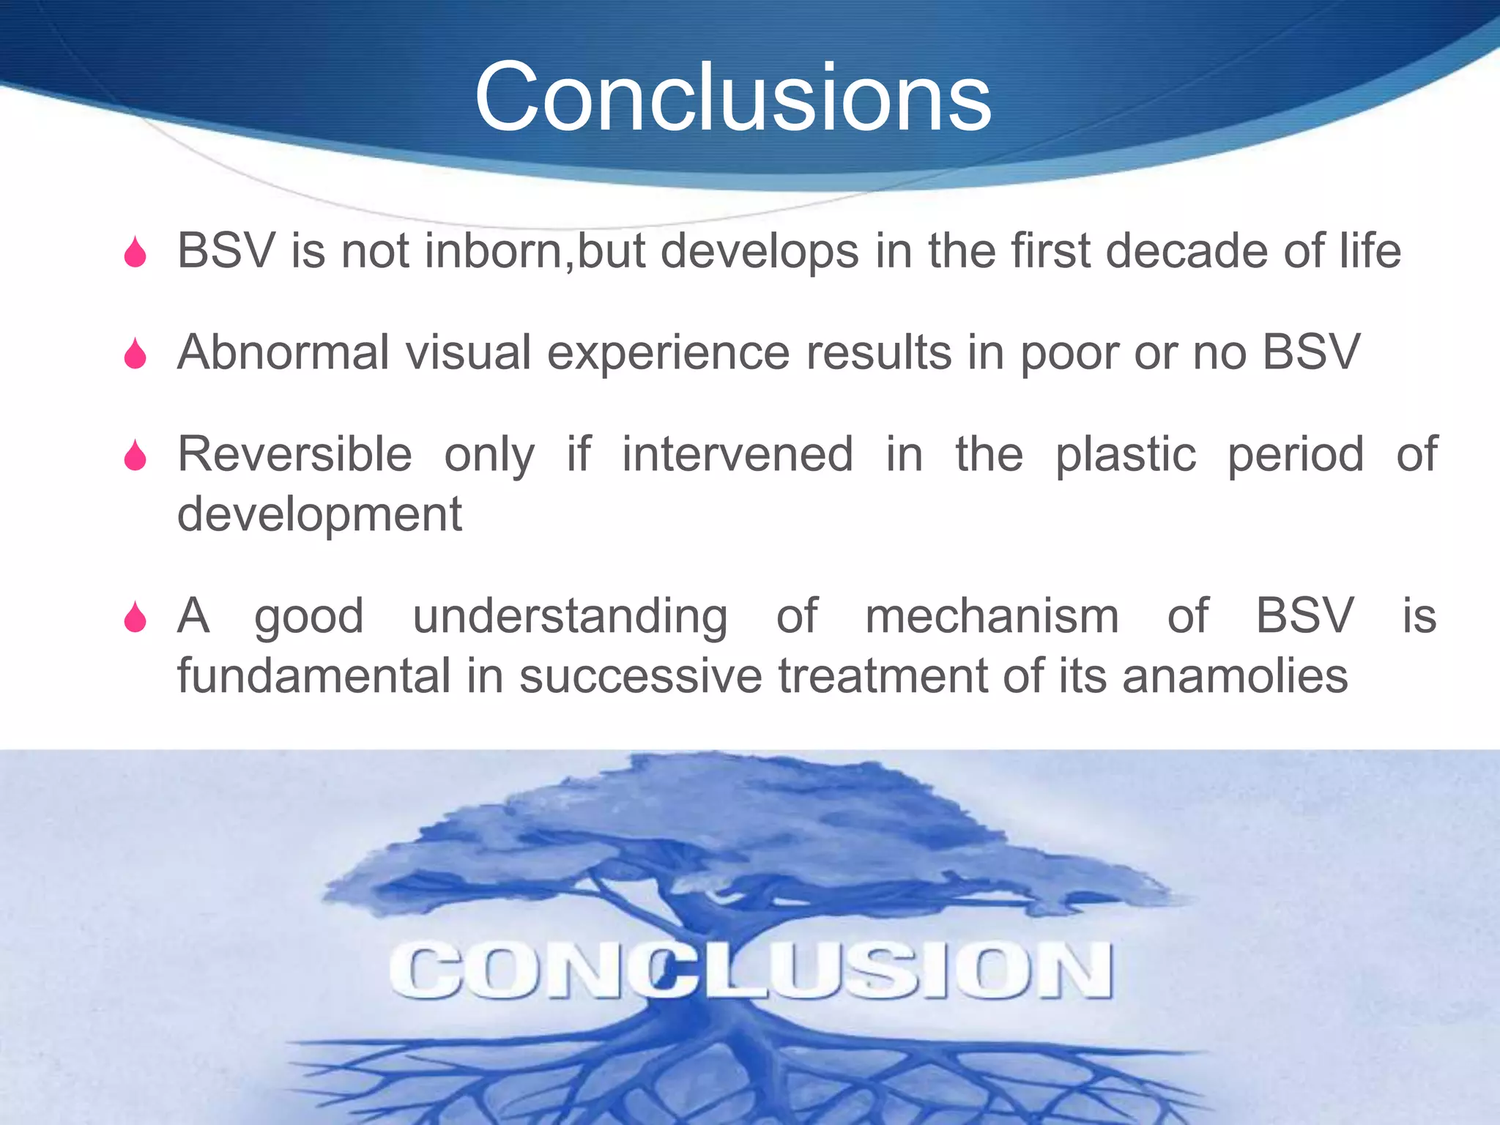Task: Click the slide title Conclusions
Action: [x=733, y=97]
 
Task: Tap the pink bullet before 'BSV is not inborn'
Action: [x=135, y=253]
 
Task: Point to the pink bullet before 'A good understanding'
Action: [x=135, y=617]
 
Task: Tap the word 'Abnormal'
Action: [x=283, y=352]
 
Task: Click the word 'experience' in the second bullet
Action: [x=668, y=354]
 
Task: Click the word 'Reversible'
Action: [x=294, y=454]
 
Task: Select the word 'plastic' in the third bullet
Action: [x=1125, y=454]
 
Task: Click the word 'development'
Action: [x=319, y=515]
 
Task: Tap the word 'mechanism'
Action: [x=992, y=615]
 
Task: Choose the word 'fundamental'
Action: [x=313, y=675]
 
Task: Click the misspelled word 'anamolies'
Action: [x=1235, y=675]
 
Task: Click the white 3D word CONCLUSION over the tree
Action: [x=750, y=970]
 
